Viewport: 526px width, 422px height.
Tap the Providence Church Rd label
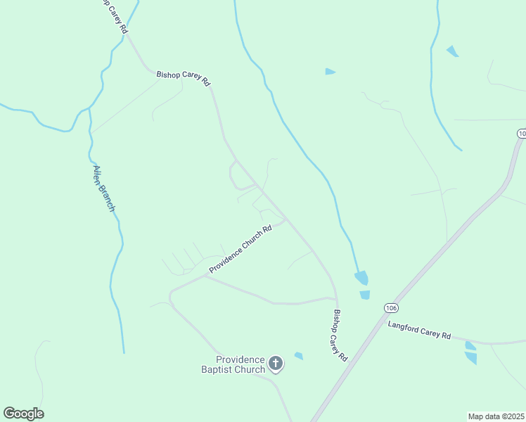pos(240,250)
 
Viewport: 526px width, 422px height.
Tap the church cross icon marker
pos(276,364)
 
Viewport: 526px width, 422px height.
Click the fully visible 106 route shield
pos(392,308)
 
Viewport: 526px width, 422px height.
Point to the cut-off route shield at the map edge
pos(521,133)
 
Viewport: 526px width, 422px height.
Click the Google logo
pos(23,414)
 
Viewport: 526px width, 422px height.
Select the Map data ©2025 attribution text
pos(496,416)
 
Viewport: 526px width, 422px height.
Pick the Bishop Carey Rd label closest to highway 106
pos(340,335)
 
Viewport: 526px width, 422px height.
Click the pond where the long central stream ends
pos(361,278)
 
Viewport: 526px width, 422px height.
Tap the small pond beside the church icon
pos(299,356)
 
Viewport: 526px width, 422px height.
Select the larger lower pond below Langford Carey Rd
pos(470,358)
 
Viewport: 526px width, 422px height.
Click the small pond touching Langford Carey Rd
pos(470,345)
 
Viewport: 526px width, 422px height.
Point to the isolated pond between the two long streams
pos(330,72)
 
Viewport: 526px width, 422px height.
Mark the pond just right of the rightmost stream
pos(452,51)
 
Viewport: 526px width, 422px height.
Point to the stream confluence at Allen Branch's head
pos(89,110)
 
